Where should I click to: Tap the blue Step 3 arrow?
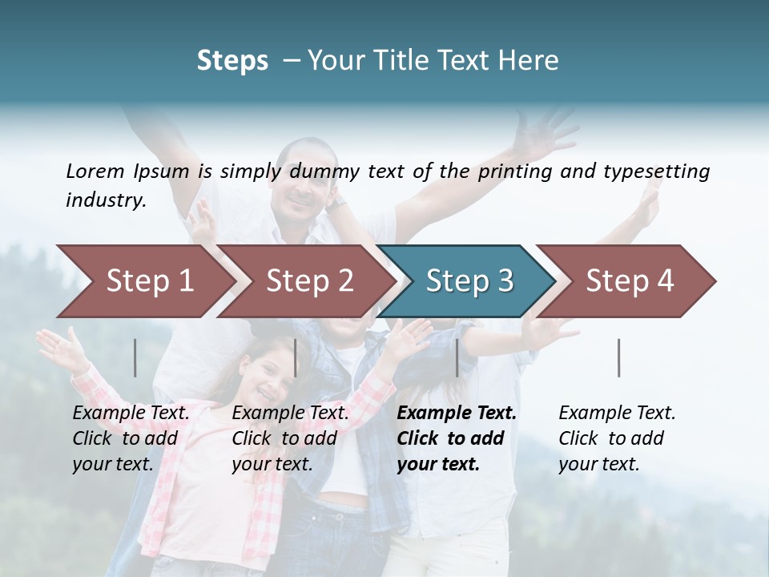[469, 280]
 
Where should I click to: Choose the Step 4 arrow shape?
[630, 280]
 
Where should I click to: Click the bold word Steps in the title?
[232, 61]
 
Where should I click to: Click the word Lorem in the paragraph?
[94, 171]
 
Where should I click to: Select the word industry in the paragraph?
[105, 200]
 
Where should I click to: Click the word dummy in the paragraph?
[328, 171]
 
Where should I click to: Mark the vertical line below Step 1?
[135, 357]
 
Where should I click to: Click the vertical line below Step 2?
[296, 357]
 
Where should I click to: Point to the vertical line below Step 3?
[457, 357]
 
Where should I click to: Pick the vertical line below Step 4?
[618, 357]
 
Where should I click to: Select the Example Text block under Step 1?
[131, 438]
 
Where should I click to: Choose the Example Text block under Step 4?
[617, 438]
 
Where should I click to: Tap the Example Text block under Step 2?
[290, 438]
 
